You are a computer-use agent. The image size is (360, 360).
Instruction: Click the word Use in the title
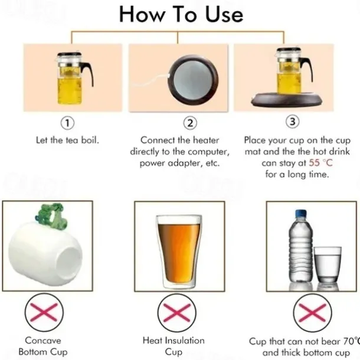coord(224,14)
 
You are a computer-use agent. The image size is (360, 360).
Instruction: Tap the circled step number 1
coord(67,123)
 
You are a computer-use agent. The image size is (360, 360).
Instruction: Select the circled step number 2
coord(190,123)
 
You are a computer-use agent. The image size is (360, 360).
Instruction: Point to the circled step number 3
coord(292,122)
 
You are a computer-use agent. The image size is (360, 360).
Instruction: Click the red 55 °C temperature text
coord(320,163)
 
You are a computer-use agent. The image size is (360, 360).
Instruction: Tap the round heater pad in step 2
coord(194,80)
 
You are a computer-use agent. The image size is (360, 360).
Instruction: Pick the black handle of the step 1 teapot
coord(88,73)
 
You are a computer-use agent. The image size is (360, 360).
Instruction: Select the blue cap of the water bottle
coord(301,214)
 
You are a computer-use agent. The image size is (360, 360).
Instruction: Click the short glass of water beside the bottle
coord(328,265)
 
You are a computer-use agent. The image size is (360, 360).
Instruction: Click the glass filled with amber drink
coord(178,251)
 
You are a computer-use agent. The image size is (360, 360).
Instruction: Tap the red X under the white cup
coord(44,312)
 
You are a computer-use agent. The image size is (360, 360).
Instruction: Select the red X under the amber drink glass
coord(177,313)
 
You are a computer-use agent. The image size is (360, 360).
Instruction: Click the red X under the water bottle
coord(312,313)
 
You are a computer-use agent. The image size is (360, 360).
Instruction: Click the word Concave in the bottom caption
coord(43,341)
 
